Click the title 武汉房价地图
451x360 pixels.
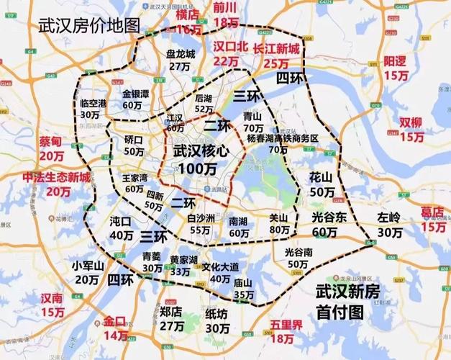tap(88, 26)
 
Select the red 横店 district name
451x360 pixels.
tap(189, 15)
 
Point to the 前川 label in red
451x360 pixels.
tap(225, 7)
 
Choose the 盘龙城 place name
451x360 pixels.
tap(181, 54)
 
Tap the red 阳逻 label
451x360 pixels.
tap(396, 61)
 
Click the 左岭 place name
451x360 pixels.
tap(389, 217)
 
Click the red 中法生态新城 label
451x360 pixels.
tap(56, 178)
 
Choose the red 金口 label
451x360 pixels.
tap(115, 321)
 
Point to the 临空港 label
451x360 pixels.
tap(93, 103)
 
